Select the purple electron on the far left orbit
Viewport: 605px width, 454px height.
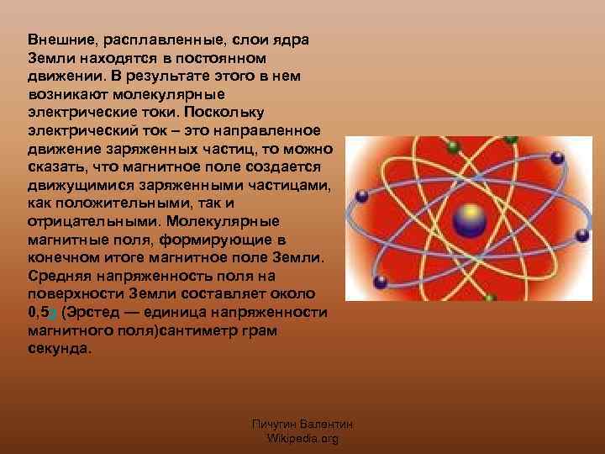pyautogui.click(x=362, y=198)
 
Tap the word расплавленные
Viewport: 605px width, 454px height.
pyautogui.click(x=151, y=40)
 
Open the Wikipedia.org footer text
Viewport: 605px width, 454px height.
pyautogui.click(x=302, y=439)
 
